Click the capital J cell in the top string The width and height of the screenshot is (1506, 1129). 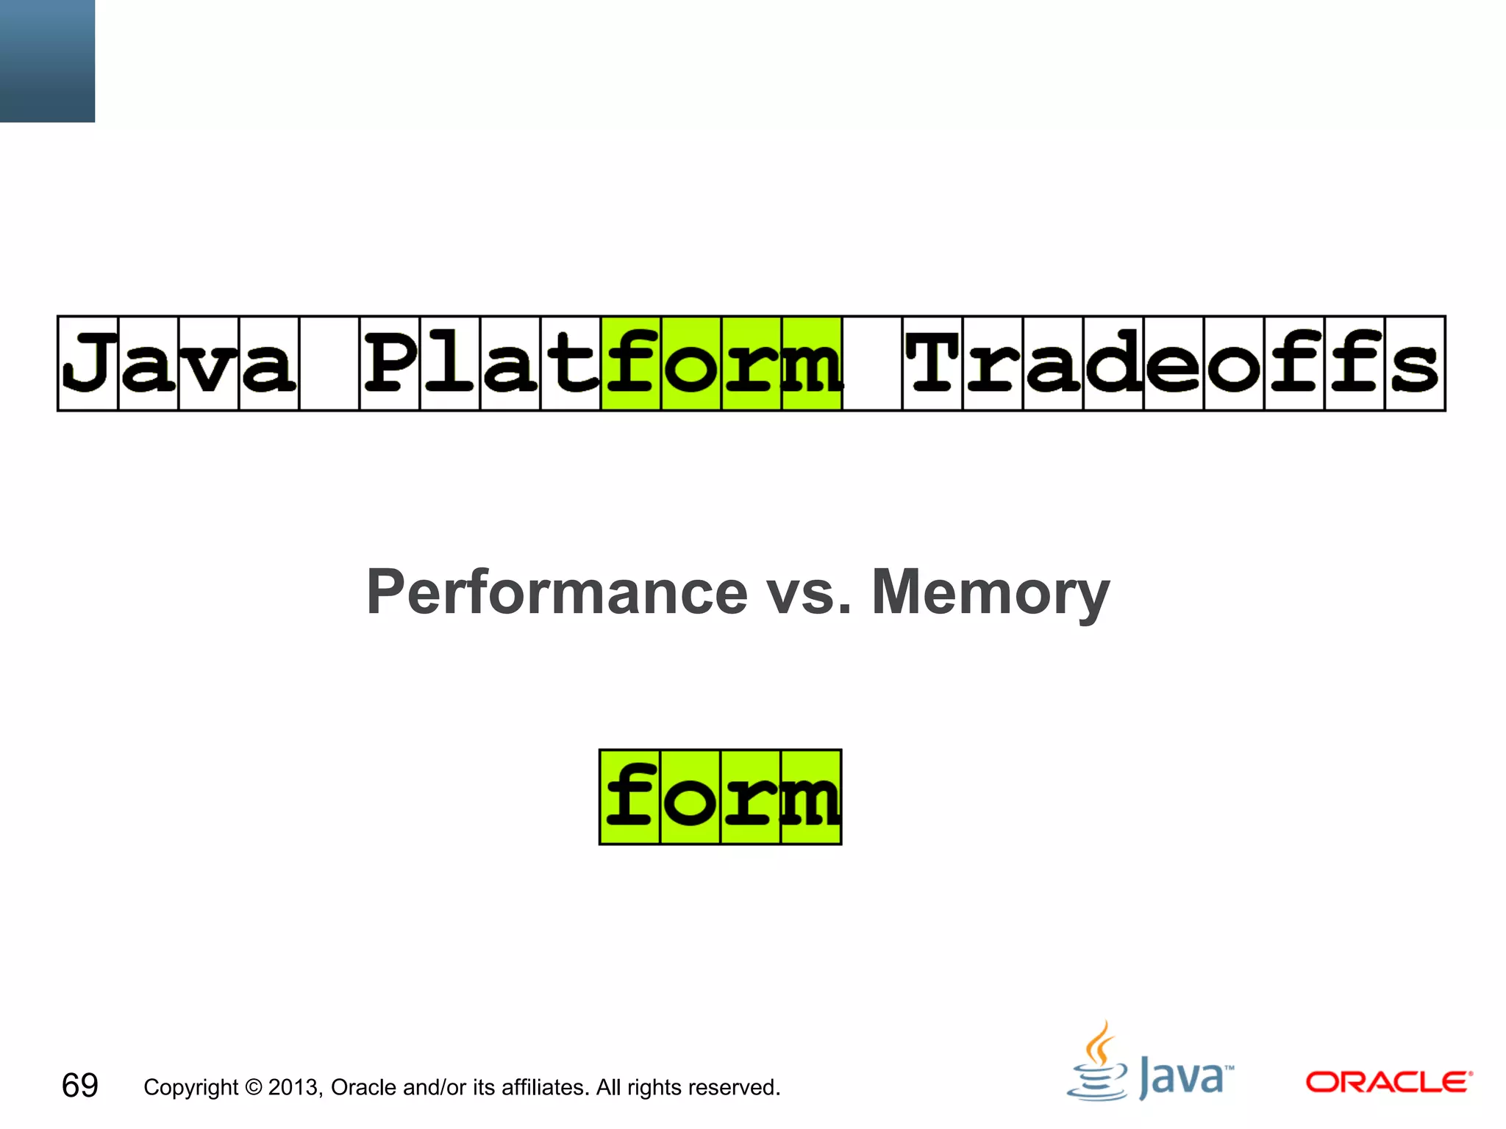[88, 363]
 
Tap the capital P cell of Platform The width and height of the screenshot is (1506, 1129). [389, 363]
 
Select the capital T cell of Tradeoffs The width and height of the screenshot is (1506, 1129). [932, 363]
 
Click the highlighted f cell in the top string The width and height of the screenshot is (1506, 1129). [631, 363]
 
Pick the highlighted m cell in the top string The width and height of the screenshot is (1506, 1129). [812, 363]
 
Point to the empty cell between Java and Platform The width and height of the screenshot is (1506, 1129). [329, 363]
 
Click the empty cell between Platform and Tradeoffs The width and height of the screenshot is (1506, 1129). [872, 363]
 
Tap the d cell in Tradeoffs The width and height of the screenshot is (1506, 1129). [1113, 363]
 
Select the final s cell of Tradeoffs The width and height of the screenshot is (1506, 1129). [1415, 363]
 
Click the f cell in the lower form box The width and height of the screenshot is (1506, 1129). [630, 797]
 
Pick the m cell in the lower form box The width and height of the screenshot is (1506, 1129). [811, 797]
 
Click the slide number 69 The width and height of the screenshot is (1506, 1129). [79, 1086]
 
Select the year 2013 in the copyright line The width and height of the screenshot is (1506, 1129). [294, 1087]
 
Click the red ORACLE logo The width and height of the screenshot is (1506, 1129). [1388, 1082]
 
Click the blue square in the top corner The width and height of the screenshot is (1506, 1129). [47, 60]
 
